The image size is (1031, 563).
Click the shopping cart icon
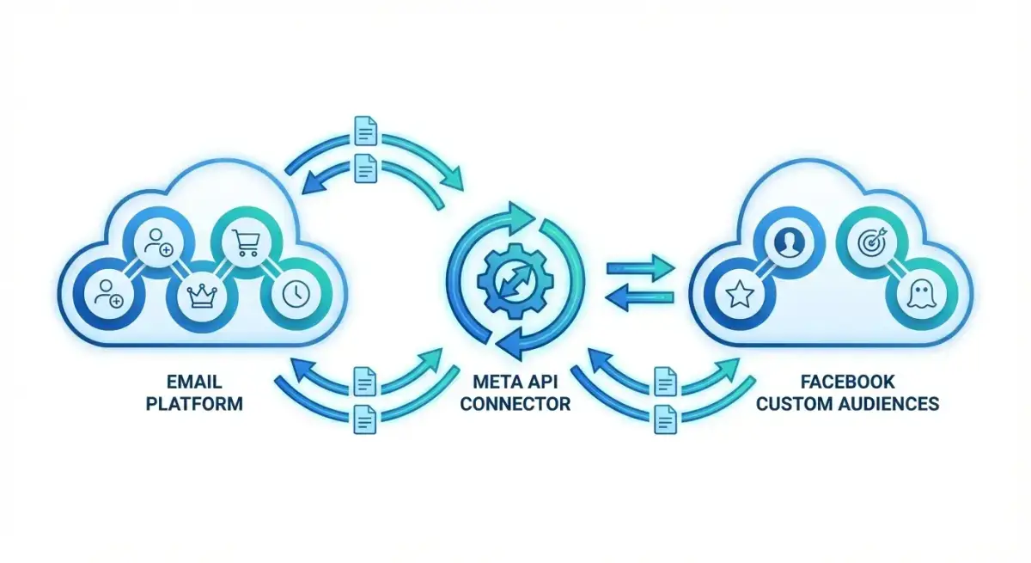click(x=247, y=242)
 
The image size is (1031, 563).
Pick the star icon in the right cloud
click(x=740, y=294)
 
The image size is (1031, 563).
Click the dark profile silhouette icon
click(x=790, y=242)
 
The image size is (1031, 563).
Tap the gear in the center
click(x=515, y=281)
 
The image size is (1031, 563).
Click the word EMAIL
click(x=194, y=382)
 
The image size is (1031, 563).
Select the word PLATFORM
click(x=194, y=404)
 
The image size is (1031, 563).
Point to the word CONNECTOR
click(x=515, y=404)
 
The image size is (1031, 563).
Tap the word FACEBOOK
click(x=848, y=382)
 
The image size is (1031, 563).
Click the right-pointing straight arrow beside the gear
click(x=641, y=268)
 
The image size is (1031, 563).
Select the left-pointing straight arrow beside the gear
click(x=640, y=297)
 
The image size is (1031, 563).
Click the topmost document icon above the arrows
click(x=366, y=131)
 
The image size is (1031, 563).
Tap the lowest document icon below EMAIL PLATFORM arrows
click(x=365, y=419)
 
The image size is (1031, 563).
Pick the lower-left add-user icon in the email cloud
click(x=109, y=293)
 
